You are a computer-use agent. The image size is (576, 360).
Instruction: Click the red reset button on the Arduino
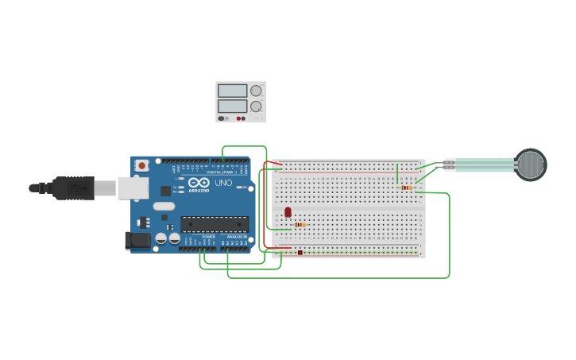coord(141,165)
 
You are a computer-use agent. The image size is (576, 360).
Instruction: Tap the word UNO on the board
coord(224,184)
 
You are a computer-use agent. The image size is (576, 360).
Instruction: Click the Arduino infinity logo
coord(199,184)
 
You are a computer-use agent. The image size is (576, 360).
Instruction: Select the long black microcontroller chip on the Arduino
coord(214,225)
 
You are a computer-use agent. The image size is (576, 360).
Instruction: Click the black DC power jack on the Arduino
coord(137,241)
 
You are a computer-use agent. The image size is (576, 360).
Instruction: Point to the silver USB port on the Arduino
coord(133,188)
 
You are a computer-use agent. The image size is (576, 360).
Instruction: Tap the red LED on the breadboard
coord(288,212)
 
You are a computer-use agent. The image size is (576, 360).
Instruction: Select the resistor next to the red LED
coord(299,225)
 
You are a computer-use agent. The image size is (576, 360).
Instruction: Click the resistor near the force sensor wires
coord(406,188)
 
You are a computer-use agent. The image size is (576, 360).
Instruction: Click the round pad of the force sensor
coord(530,165)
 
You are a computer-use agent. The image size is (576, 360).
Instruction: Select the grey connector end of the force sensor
coord(450,165)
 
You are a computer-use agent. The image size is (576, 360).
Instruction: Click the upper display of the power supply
coord(232,91)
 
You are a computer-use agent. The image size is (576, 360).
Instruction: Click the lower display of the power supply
coord(232,106)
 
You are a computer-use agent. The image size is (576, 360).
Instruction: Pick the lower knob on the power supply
coord(256,106)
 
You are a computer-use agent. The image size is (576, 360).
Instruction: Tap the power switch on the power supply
coord(222,118)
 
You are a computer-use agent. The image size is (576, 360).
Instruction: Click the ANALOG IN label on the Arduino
coord(236,237)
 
